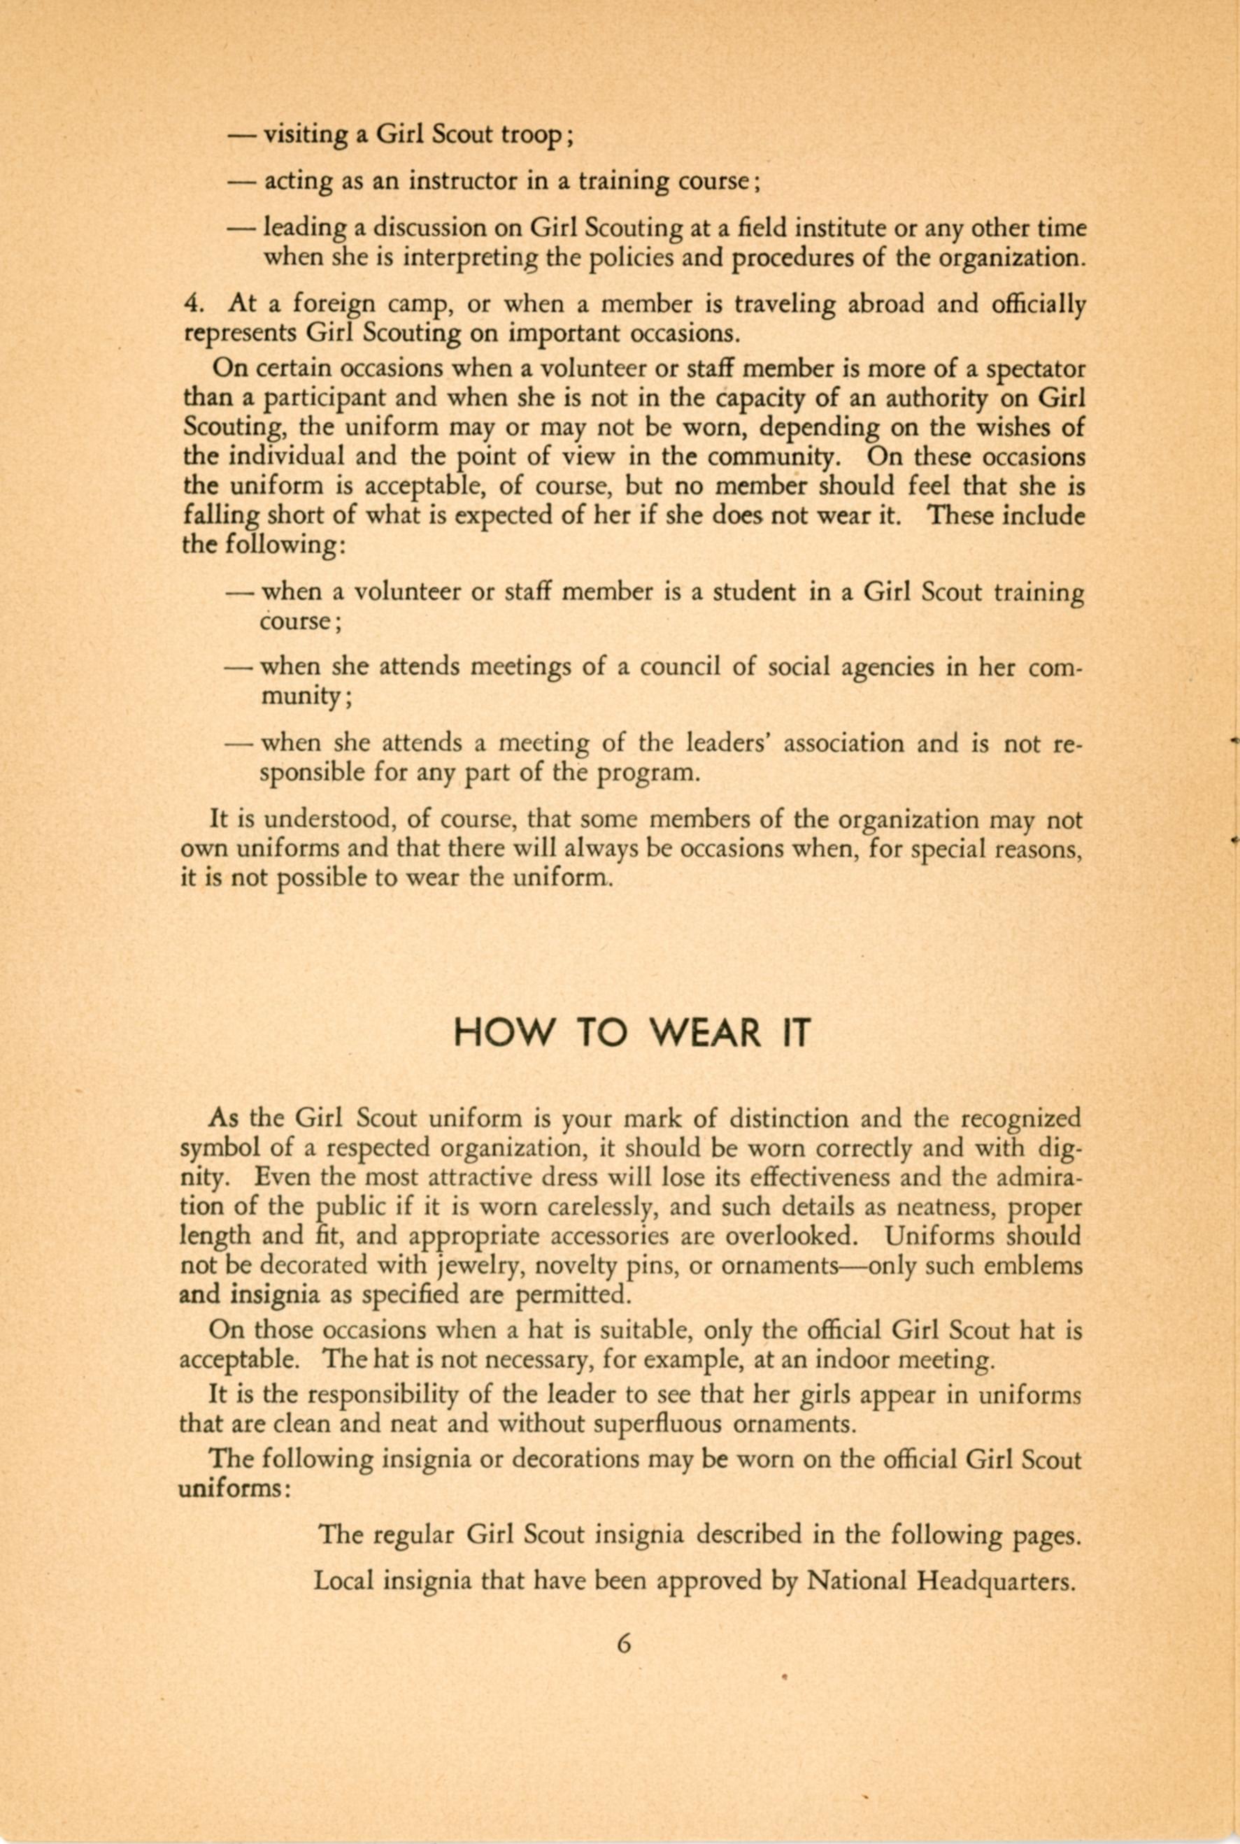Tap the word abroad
tap(885, 304)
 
